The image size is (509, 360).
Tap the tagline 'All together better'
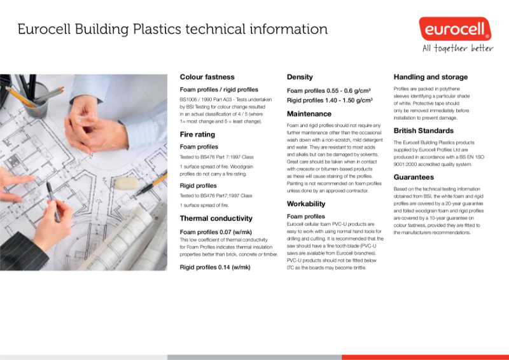[x=458, y=48]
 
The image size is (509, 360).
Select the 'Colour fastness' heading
[x=207, y=77]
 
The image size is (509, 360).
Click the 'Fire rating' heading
[x=197, y=134]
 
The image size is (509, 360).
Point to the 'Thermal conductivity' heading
[x=216, y=218]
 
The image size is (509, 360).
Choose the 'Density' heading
[x=300, y=77]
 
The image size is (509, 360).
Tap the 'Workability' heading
[x=306, y=204]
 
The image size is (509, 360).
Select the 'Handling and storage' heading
[x=430, y=77]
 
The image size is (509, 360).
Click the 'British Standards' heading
[x=424, y=130]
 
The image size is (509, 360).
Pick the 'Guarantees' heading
[x=414, y=177]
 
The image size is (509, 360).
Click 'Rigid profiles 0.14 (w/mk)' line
[x=215, y=267]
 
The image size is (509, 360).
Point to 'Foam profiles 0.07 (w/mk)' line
[x=215, y=232]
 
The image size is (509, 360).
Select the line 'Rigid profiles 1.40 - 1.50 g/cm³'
[x=330, y=100]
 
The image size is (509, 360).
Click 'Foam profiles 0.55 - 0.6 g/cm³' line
[x=329, y=90]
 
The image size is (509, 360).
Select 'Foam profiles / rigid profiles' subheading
[x=219, y=90]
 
